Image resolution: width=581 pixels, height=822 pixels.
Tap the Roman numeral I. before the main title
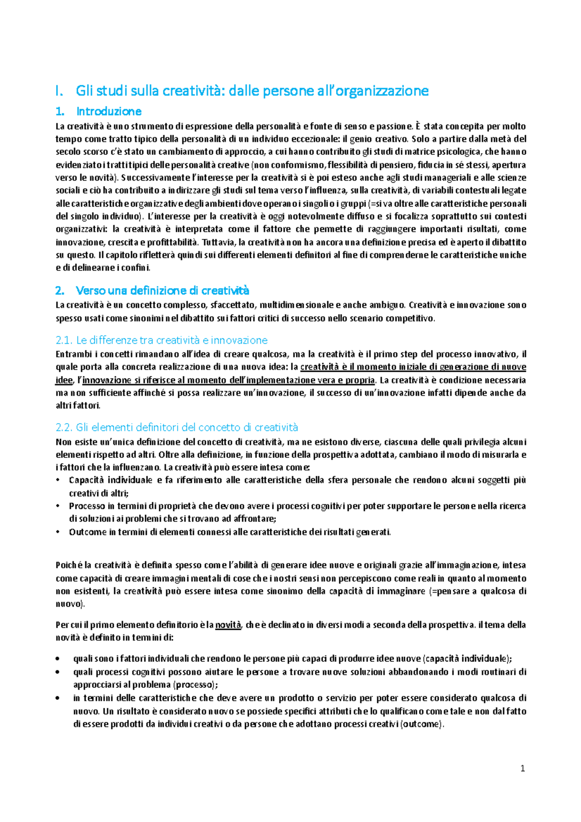pos(59,91)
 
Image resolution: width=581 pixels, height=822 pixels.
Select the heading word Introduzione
pos(109,111)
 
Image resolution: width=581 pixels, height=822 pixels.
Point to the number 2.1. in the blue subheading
pos(64,340)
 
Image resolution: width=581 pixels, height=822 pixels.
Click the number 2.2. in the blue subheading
pos(64,427)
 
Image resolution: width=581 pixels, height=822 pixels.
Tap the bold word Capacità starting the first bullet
pos(86,480)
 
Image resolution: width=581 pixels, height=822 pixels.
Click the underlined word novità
pos(228,625)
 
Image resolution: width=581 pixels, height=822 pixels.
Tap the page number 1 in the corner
pos(522,769)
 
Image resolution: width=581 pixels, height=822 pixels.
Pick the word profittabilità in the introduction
pos(173,242)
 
